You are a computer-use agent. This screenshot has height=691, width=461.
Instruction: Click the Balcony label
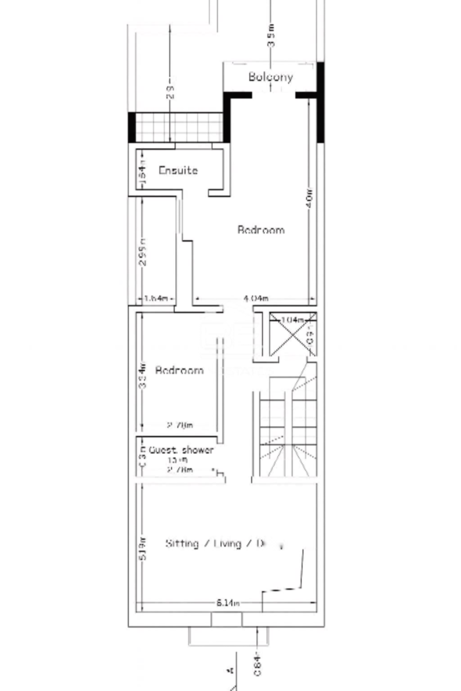(271, 77)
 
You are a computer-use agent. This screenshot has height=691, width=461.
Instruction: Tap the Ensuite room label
(178, 171)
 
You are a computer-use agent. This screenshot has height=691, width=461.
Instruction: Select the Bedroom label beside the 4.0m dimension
(261, 230)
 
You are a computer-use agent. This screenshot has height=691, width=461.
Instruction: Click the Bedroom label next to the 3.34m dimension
(179, 370)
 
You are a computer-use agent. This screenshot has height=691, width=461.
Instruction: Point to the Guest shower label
(181, 450)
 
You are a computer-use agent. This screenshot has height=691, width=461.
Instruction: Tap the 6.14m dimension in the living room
(228, 603)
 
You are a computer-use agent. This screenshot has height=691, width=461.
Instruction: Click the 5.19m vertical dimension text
(142, 548)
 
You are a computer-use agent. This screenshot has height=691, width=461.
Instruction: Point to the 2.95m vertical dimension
(142, 252)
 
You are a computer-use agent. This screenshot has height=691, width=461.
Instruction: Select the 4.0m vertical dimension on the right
(309, 200)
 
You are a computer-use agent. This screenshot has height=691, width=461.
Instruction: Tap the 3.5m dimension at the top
(271, 35)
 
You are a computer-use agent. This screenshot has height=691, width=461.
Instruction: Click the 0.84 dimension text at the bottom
(258, 663)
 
